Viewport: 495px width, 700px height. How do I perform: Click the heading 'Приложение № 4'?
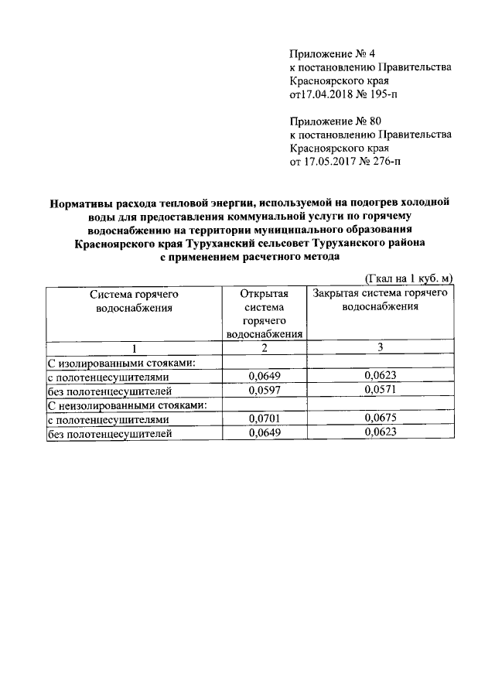pos(331,53)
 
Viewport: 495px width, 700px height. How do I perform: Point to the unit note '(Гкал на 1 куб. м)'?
pos(408,278)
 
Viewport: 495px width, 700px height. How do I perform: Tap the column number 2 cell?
pos(264,348)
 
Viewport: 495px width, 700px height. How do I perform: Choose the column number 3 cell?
pos(380,348)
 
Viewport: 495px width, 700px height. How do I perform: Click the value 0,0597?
pos(264,391)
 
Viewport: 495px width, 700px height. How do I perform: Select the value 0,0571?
pos(380,391)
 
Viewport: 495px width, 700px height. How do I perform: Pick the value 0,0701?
pos(264,418)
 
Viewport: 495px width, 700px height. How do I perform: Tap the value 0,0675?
pos(380,418)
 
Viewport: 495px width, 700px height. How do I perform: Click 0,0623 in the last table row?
pos(380,432)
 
